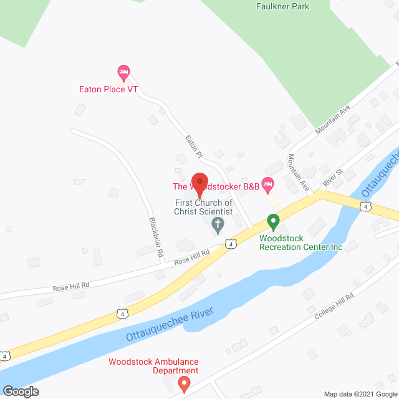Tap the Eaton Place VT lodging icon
[123, 74]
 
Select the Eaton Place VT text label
[108, 89]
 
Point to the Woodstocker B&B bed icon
[268, 183]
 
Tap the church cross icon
[218, 225]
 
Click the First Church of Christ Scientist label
[203, 208]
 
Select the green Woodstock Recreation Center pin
[272, 221]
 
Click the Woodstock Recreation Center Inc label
[301, 243]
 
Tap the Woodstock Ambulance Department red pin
[185, 382]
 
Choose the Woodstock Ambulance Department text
[153, 366]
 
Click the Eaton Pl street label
[193, 145]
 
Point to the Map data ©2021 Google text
[360, 394]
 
